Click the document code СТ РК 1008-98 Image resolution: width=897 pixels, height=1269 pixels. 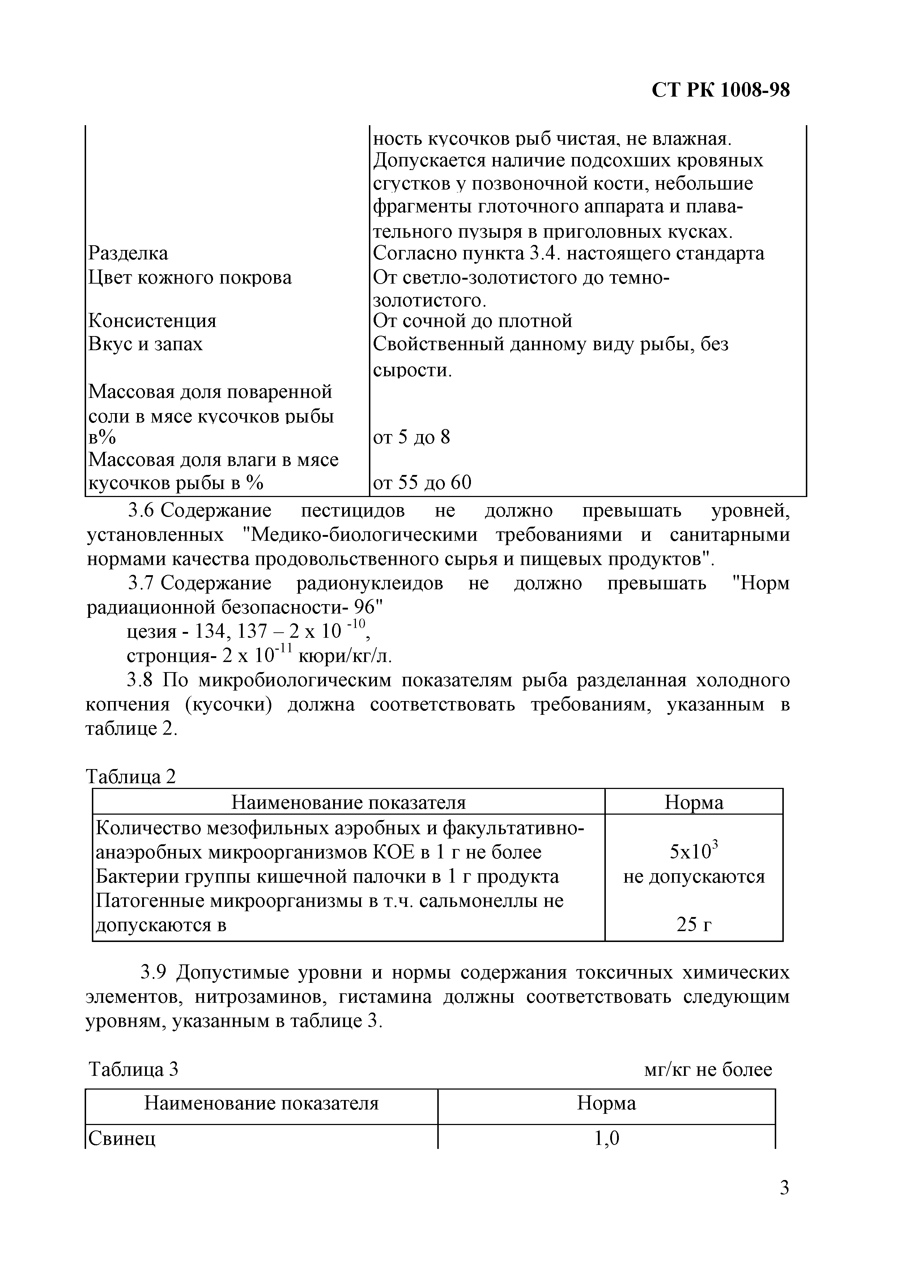[721, 90]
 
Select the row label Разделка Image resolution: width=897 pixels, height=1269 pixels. [128, 254]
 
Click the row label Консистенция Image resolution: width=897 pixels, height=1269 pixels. [153, 321]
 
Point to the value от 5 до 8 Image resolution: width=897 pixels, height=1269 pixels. [412, 438]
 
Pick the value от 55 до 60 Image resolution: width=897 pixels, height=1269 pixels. [422, 483]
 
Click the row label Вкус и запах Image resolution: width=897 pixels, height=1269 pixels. [146, 344]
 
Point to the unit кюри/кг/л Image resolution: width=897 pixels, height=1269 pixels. [345, 656]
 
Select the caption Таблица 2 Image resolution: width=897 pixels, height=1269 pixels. [132, 777]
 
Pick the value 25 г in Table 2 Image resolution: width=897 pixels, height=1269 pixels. [694, 925]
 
